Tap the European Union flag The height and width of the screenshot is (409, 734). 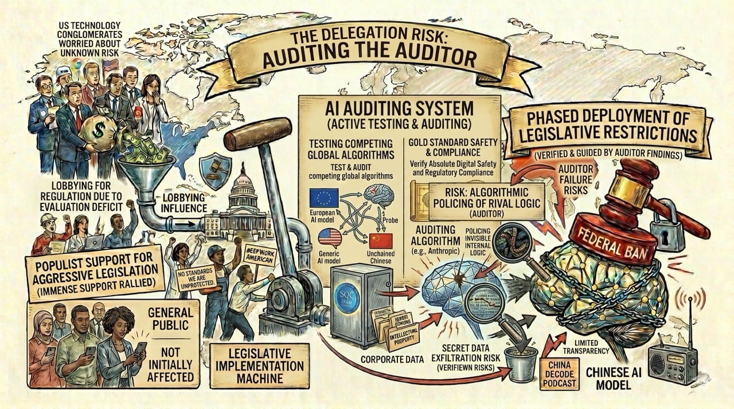[323, 197]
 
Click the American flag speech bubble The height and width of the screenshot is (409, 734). [330, 237]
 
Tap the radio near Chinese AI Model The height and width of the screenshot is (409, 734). [672, 362]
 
